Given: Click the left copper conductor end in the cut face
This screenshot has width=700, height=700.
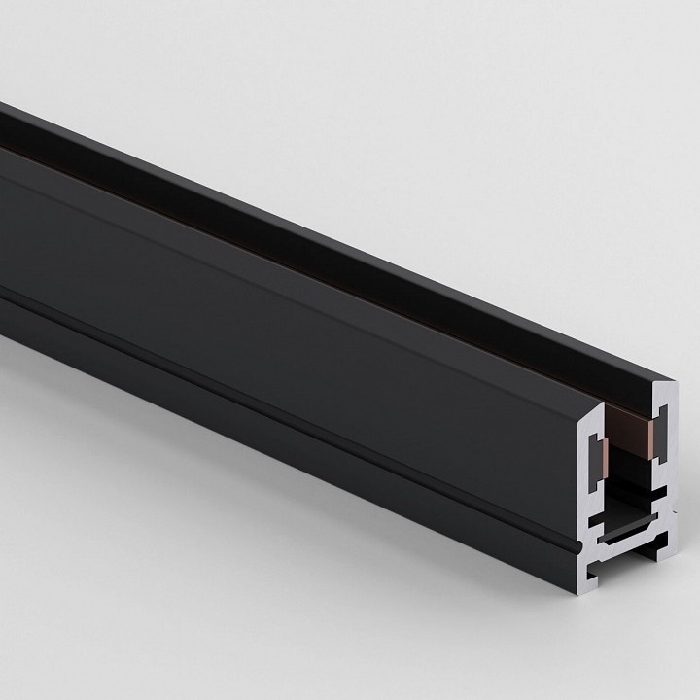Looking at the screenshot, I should [x=605, y=458].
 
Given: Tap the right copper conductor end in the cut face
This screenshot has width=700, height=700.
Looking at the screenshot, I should [x=650, y=438].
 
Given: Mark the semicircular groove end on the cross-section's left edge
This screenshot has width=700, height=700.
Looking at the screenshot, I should [x=579, y=545].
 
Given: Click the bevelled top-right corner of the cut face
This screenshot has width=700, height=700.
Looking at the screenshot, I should [x=671, y=384].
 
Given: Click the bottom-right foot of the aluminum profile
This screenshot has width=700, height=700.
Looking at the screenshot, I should [x=666, y=549].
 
